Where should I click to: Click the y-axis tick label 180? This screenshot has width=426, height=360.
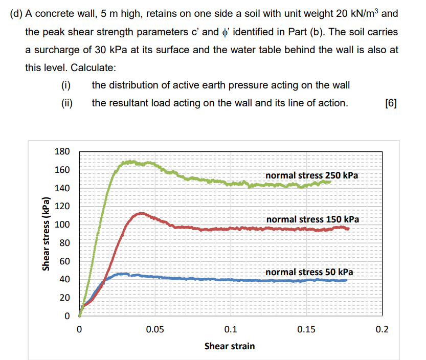click(63, 152)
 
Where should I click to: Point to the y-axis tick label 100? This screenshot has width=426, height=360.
click(63, 225)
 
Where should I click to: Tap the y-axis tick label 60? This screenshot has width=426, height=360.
click(65, 261)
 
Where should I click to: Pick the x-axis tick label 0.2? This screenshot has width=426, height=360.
click(382, 329)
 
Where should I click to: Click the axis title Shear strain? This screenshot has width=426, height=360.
click(230, 346)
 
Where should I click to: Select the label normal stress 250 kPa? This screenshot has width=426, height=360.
click(312, 175)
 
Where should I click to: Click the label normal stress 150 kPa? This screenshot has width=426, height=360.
click(312, 219)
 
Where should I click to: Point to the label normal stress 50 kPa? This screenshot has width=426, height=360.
click(309, 272)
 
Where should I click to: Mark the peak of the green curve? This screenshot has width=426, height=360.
click(131, 162)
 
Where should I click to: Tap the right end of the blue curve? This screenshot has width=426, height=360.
click(346, 280)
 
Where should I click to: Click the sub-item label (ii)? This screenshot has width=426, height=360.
click(65, 103)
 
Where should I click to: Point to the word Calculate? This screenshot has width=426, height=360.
click(93, 67)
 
